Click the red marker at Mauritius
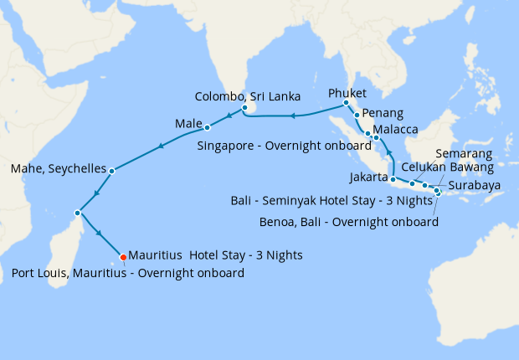click(122, 256)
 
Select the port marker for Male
click(207, 128)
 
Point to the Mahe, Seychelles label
click(58, 169)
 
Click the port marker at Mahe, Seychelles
click(111, 170)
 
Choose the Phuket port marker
click(346, 103)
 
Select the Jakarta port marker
click(393, 179)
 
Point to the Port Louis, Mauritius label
click(128, 273)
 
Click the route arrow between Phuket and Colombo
click(293, 116)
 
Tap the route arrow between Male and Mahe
click(160, 148)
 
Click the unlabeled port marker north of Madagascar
click(78, 212)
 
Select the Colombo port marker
click(244, 108)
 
